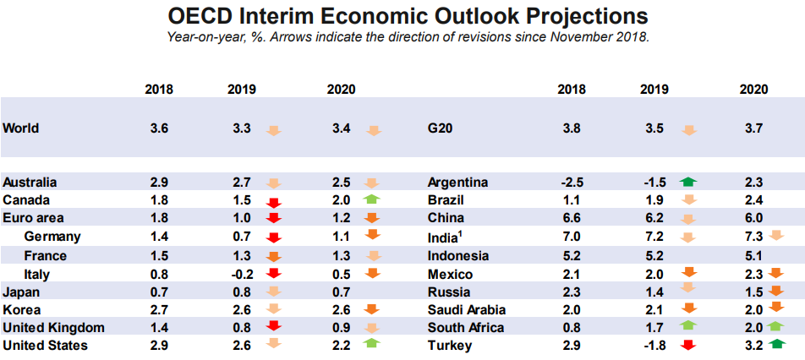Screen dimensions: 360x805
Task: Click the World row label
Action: (21, 128)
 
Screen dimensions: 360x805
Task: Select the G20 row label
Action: (441, 128)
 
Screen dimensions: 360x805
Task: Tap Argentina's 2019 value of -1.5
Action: (654, 183)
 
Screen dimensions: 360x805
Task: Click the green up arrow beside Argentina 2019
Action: (687, 182)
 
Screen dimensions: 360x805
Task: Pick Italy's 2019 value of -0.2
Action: (241, 274)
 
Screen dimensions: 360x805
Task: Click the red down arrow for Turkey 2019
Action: (687, 346)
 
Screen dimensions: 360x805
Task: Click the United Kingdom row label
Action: (53, 328)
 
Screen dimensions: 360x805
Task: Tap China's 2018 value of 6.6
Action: (572, 219)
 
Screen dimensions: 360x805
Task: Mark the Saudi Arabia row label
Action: (467, 310)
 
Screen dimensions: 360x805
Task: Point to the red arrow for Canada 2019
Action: (272, 202)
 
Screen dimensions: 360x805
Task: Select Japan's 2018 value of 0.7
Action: (159, 292)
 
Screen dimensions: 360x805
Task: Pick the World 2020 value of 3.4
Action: (341, 128)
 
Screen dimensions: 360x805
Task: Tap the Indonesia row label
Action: (458, 256)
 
